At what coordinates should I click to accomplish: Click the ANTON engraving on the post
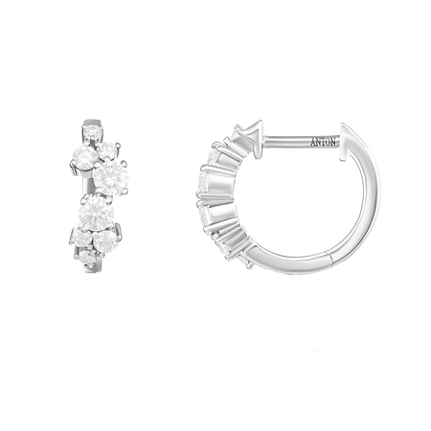click(323, 142)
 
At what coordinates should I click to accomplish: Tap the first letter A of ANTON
click(313, 142)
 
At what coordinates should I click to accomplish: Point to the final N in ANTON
click(333, 142)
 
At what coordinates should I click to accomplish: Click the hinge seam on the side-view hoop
click(329, 257)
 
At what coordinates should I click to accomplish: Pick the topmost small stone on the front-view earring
click(93, 131)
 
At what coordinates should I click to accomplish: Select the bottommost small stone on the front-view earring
click(87, 258)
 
